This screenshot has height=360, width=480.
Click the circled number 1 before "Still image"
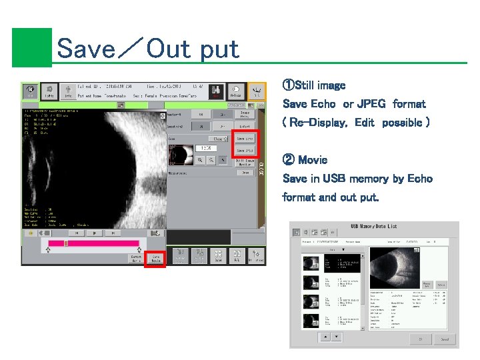coord(288,86)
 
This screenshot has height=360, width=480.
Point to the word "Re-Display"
coord(319,123)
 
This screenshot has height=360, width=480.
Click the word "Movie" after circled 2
coord(313,160)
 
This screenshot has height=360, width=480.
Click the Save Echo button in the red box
coord(245,139)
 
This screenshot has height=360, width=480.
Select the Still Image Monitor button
coord(245,163)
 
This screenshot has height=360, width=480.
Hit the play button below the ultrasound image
coord(95,233)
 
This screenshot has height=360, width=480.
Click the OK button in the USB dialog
coord(421,338)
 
